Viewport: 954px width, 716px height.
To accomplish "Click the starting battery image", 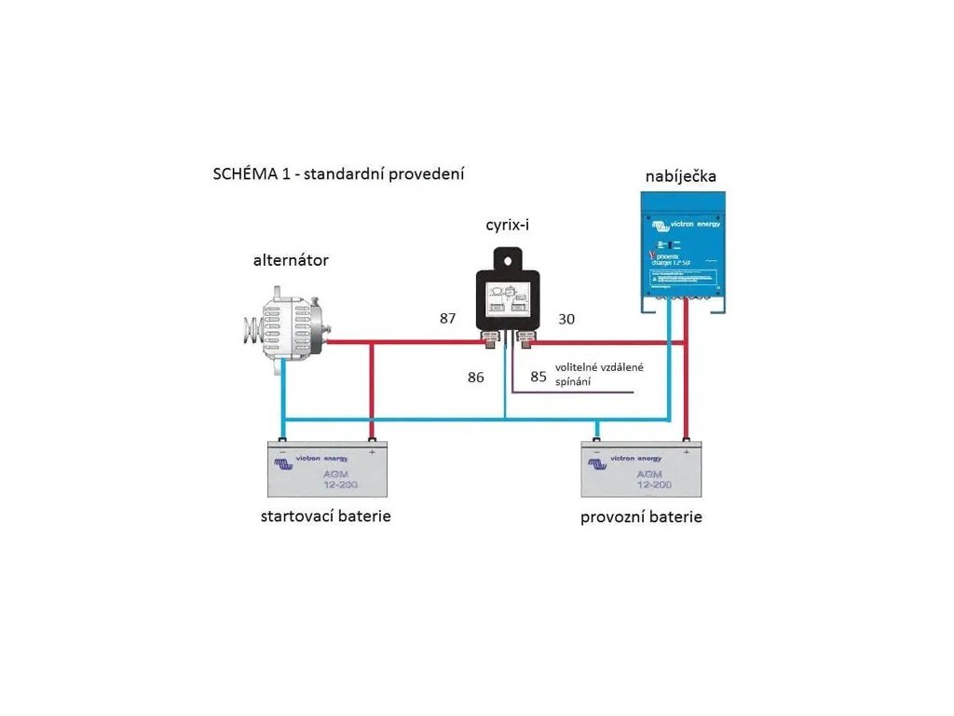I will (x=326, y=469).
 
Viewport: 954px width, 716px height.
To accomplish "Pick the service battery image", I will (x=640, y=469).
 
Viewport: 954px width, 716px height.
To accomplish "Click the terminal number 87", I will (x=448, y=318).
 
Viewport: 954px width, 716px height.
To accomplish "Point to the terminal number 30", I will (x=566, y=319).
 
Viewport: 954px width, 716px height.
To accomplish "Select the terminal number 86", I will (x=476, y=377).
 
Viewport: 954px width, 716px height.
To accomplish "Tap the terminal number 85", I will (x=538, y=377).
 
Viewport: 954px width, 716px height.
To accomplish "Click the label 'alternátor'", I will (x=291, y=260).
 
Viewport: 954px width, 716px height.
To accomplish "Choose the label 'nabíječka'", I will (x=684, y=177).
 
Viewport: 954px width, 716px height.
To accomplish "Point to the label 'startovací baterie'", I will (x=325, y=516).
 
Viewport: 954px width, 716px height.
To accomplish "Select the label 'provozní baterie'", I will (x=641, y=516).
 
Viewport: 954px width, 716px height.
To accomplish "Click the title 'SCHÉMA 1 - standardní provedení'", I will (x=339, y=174).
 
